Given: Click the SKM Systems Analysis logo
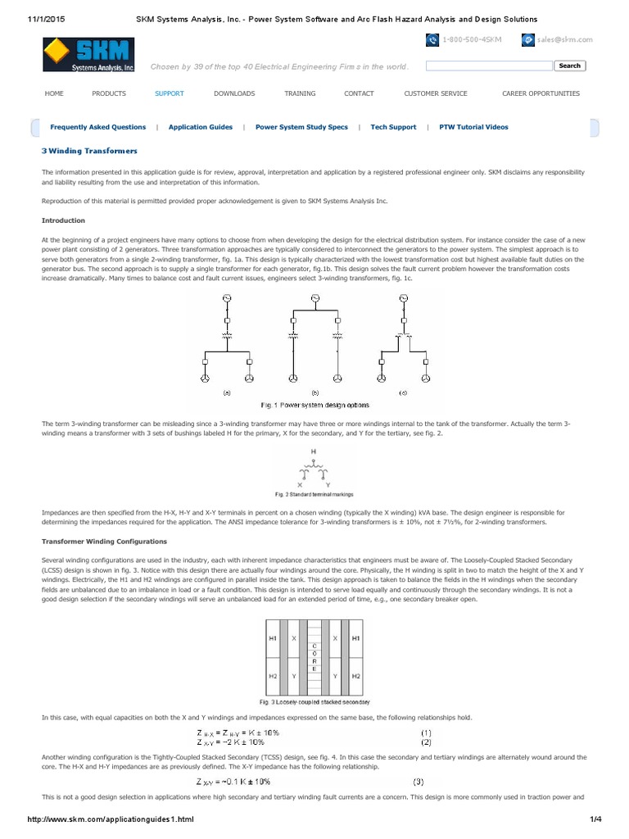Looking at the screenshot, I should [x=89, y=54].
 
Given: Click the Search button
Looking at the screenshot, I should [x=569, y=66].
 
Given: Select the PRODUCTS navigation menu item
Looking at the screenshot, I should [x=109, y=93].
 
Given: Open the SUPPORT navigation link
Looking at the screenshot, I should [x=170, y=93].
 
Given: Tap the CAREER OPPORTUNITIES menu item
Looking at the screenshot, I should [x=541, y=93].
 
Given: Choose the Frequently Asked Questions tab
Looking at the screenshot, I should [x=97, y=127].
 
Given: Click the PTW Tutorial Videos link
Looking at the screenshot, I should [x=473, y=127].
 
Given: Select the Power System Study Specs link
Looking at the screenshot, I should [x=301, y=127].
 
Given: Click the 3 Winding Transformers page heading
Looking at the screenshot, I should [x=89, y=152].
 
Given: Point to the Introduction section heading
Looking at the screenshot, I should [x=63, y=220].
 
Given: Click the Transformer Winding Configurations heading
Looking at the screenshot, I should [x=104, y=542].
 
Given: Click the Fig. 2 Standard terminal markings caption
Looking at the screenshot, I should [x=314, y=494].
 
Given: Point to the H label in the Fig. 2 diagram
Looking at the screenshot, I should [x=313, y=451].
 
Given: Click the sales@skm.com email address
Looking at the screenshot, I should [x=565, y=39].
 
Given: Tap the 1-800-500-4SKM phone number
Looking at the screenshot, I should [x=472, y=39].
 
